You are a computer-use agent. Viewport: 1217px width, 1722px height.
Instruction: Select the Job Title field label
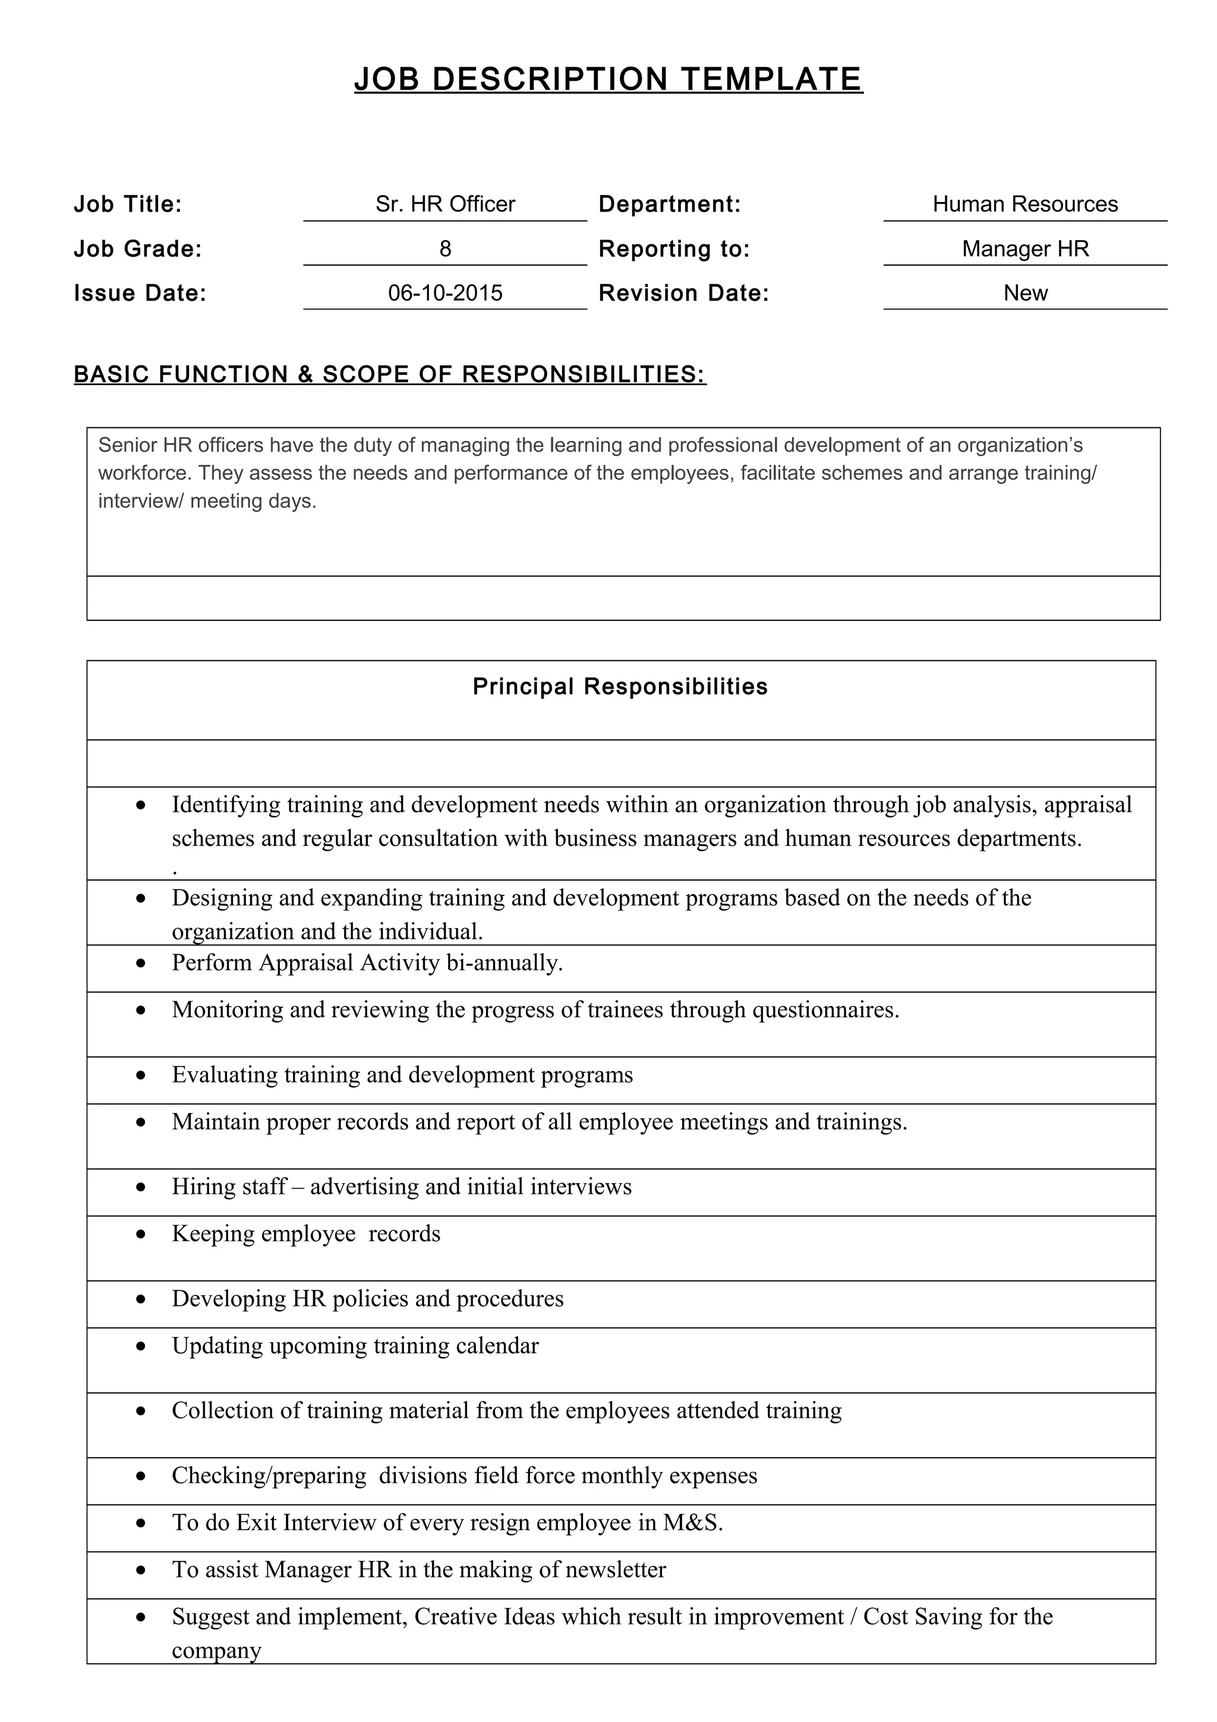pyautogui.click(x=128, y=204)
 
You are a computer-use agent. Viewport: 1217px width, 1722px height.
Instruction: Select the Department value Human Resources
pyautogui.click(x=1024, y=204)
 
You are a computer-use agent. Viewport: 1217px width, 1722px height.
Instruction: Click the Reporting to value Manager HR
pyautogui.click(x=1024, y=248)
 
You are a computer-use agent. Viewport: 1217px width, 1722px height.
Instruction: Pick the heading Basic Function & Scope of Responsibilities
pyautogui.click(x=389, y=374)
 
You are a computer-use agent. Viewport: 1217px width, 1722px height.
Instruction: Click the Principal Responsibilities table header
pyautogui.click(x=620, y=686)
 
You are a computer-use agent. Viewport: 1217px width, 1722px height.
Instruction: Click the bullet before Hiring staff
pyautogui.click(x=141, y=1187)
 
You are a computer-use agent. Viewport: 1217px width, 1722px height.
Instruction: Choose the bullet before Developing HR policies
pyautogui.click(x=141, y=1299)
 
